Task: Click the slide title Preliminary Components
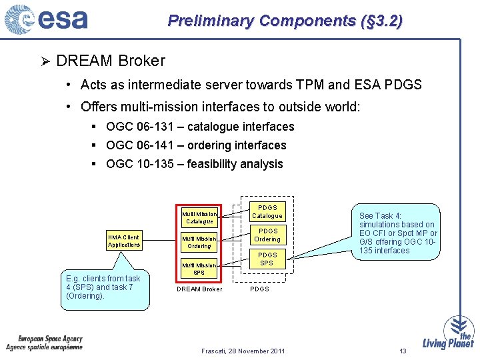285,21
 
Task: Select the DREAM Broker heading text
111,61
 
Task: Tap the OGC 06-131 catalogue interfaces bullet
200,127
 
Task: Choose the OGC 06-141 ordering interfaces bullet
196,145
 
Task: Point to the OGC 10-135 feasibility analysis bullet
194,164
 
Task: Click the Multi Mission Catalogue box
199,217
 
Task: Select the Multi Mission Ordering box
199,242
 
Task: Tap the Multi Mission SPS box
199,268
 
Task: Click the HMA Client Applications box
124,241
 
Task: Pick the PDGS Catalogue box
267,211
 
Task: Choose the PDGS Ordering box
267,235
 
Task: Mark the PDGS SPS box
267,259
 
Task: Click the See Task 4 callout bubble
397,233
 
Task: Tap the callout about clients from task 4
104,288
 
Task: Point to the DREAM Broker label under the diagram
199,289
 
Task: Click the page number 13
403,351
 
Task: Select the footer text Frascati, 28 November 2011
243,351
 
